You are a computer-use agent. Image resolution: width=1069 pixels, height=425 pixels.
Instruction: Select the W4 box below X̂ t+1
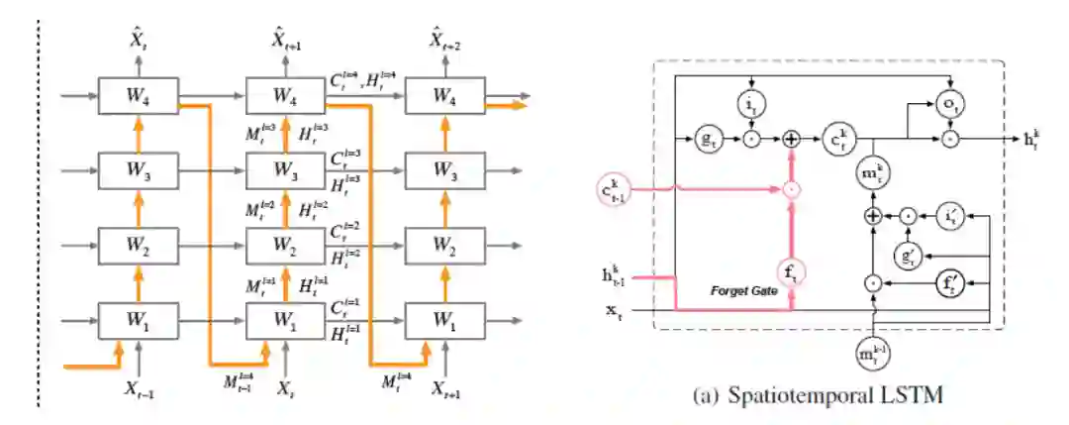point(286,96)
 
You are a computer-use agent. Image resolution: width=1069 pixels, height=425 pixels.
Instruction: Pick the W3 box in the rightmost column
point(442,169)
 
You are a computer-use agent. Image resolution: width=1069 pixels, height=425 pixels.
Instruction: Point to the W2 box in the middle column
point(286,244)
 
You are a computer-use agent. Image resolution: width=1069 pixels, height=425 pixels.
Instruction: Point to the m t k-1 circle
point(873,355)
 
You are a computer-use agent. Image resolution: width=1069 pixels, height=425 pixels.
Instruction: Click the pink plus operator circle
point(791,141)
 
